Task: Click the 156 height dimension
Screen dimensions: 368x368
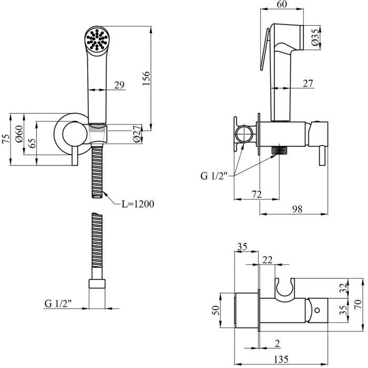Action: point(147,77)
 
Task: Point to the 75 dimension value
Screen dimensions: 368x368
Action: point(6,140)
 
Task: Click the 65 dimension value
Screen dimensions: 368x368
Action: point(32,144)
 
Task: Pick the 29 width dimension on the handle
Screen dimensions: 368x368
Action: point(119,85)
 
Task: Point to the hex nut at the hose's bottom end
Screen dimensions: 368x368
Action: point(97,285)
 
